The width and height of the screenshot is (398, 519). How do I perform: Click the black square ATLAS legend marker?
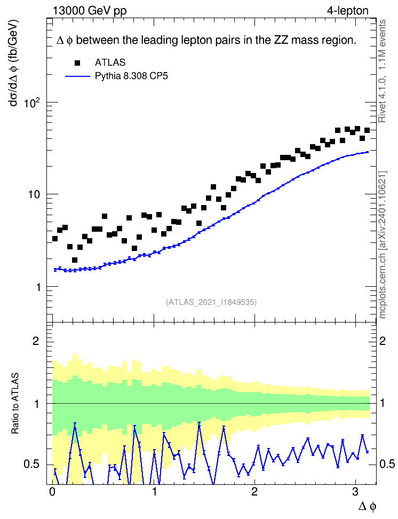[x=77, y=63]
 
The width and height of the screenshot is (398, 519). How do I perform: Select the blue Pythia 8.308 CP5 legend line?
[x=78, y=76]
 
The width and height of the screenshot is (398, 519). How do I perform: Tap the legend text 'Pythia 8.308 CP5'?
[x=131, y=76]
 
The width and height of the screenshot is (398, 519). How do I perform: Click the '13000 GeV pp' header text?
[x=90, y=11]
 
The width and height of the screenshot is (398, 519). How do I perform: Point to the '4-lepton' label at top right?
[x=348, y=11]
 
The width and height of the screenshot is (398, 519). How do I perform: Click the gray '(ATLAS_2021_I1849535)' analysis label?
[x=211, y=302]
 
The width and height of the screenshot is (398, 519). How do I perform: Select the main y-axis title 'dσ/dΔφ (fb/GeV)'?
[x=14, y=63]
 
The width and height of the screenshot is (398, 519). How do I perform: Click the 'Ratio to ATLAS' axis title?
[x=15, y=404]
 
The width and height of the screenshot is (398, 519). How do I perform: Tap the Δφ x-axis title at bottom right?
[x=367, y=506]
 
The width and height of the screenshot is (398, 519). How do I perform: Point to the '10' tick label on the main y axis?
[x=34, y=194]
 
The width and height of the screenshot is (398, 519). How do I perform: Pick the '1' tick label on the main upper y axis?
[x=38, y=287]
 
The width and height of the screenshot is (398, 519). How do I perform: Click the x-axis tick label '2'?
[x=254, y=492]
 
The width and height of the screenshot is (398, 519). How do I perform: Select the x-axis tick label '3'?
[x=355, y=492]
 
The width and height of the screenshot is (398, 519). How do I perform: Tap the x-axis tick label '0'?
[x=52, y=492]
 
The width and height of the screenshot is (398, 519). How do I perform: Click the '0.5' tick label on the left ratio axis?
[x=31, y=464]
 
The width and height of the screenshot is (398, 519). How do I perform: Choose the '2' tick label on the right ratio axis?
[x=383, y=341]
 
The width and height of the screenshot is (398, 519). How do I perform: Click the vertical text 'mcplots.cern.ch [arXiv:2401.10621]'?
[x=383, y=245]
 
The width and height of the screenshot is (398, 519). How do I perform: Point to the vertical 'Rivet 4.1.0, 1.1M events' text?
[x=382, y=71]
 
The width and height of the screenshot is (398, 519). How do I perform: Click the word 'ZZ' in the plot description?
[x=280, y=40]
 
